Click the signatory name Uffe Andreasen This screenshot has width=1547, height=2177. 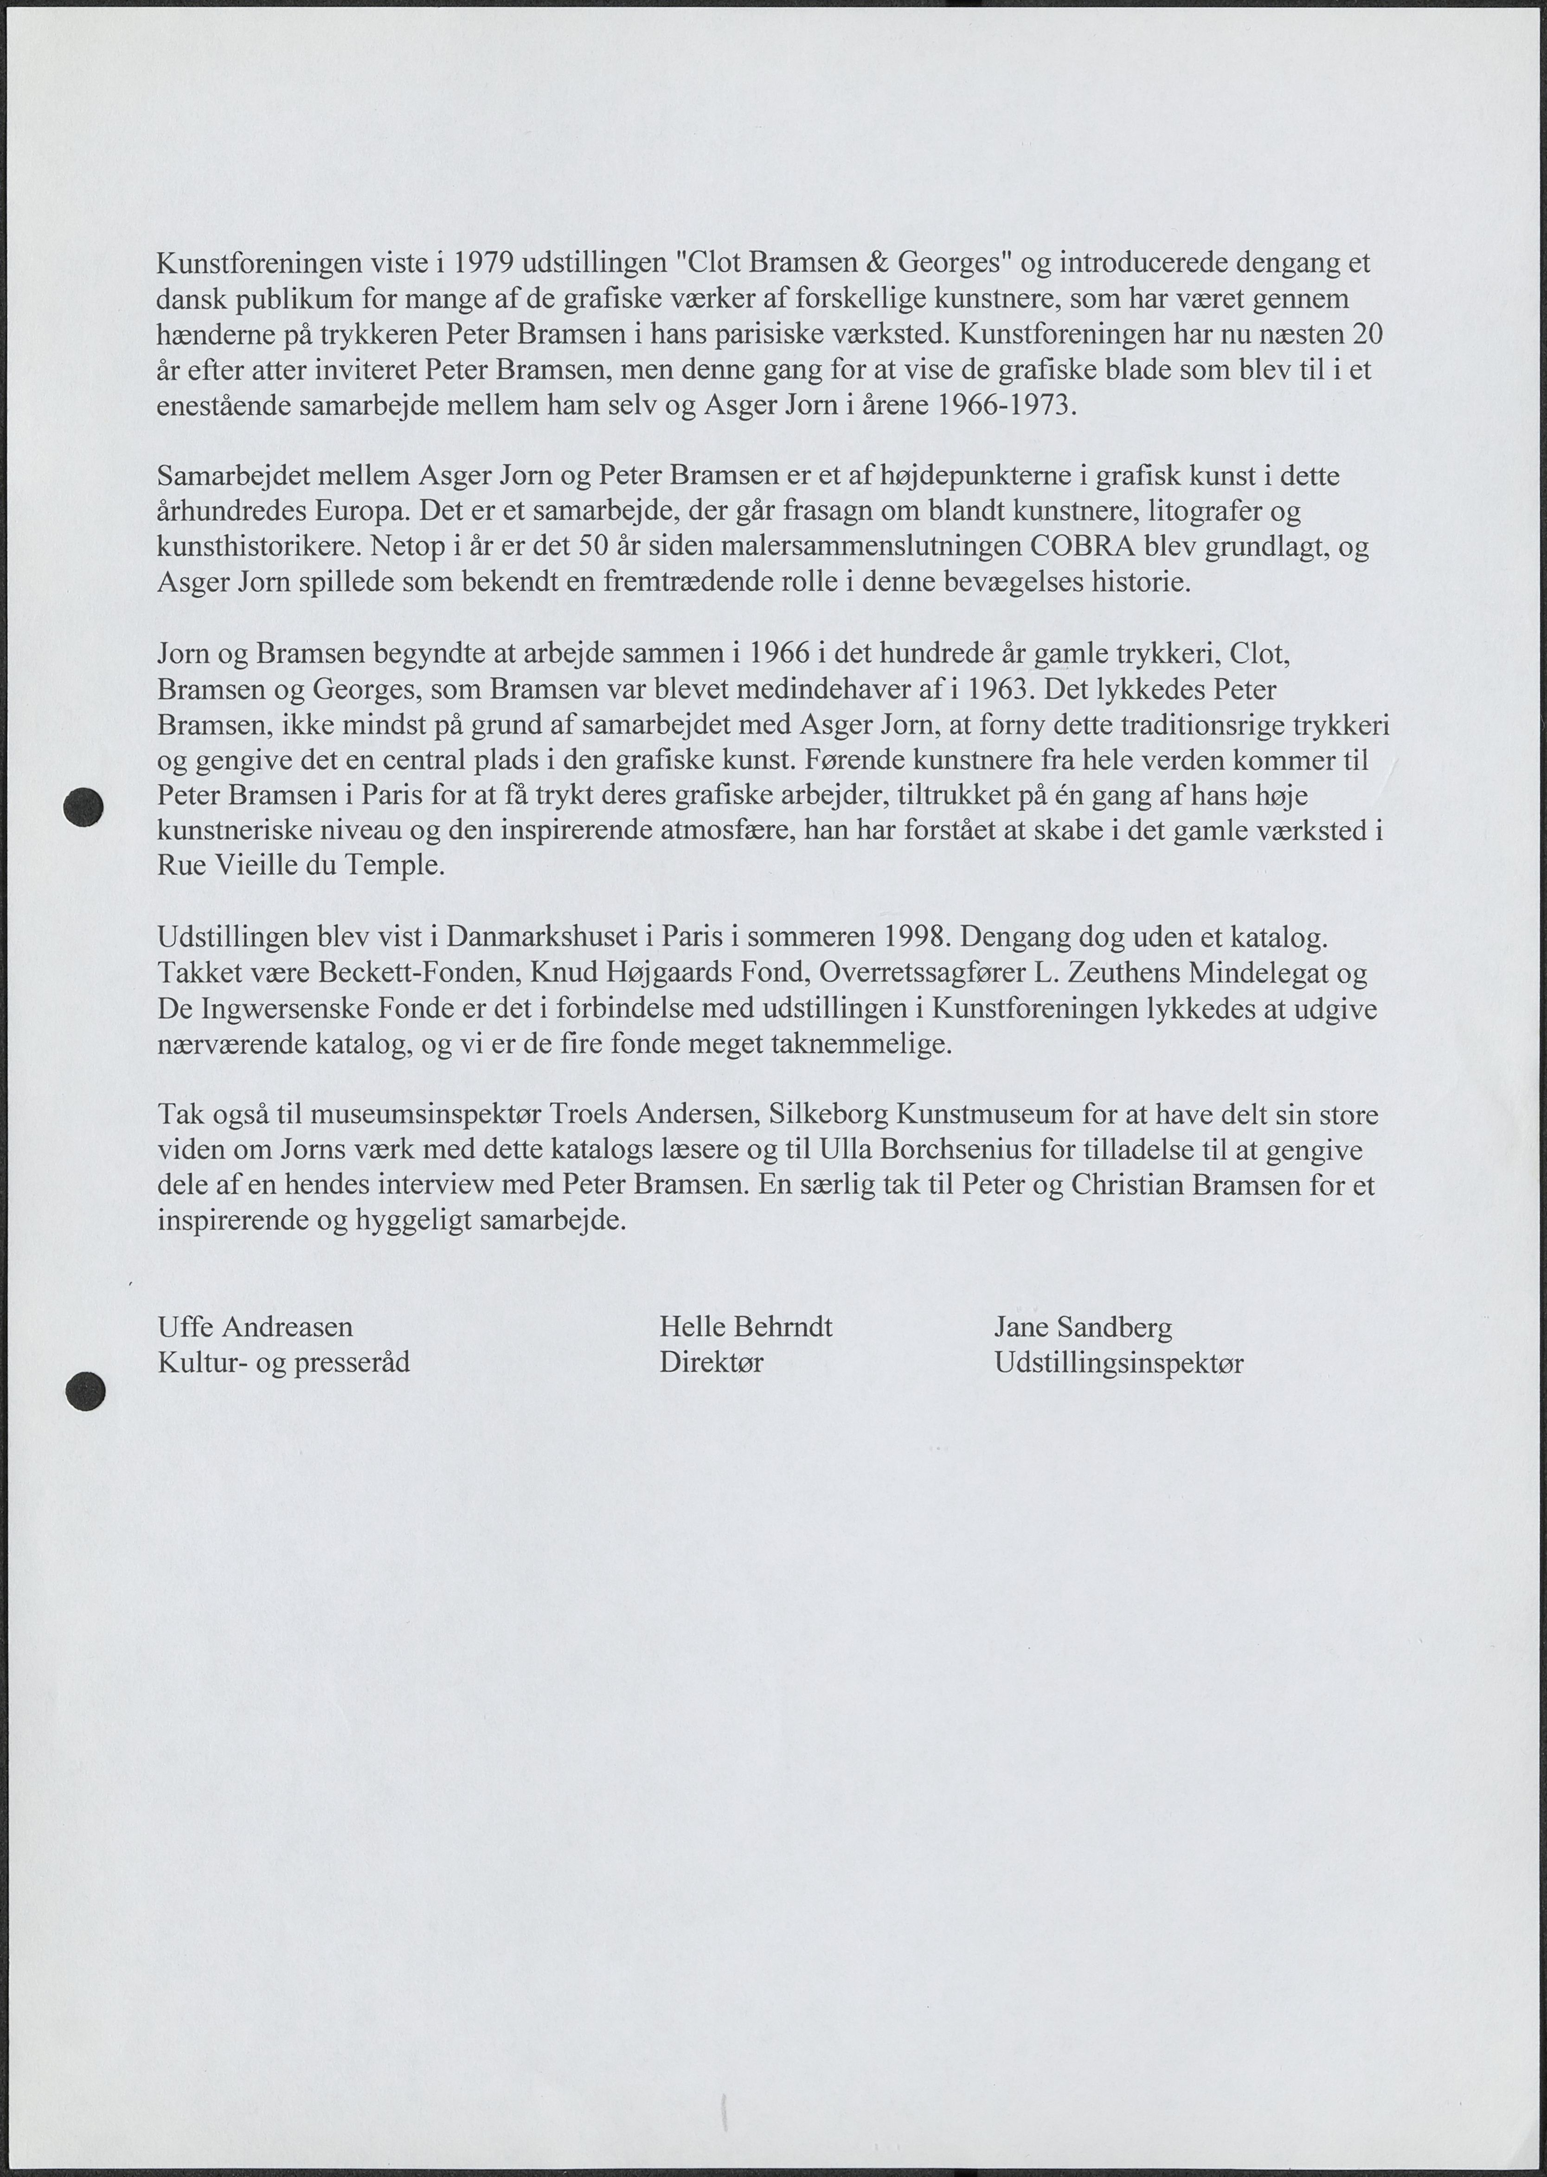[255, 1326]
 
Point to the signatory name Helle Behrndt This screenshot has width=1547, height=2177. [746, 1326]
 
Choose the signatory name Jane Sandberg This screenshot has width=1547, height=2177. [1083, 1326]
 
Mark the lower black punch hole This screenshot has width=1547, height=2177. [85, 1391]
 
